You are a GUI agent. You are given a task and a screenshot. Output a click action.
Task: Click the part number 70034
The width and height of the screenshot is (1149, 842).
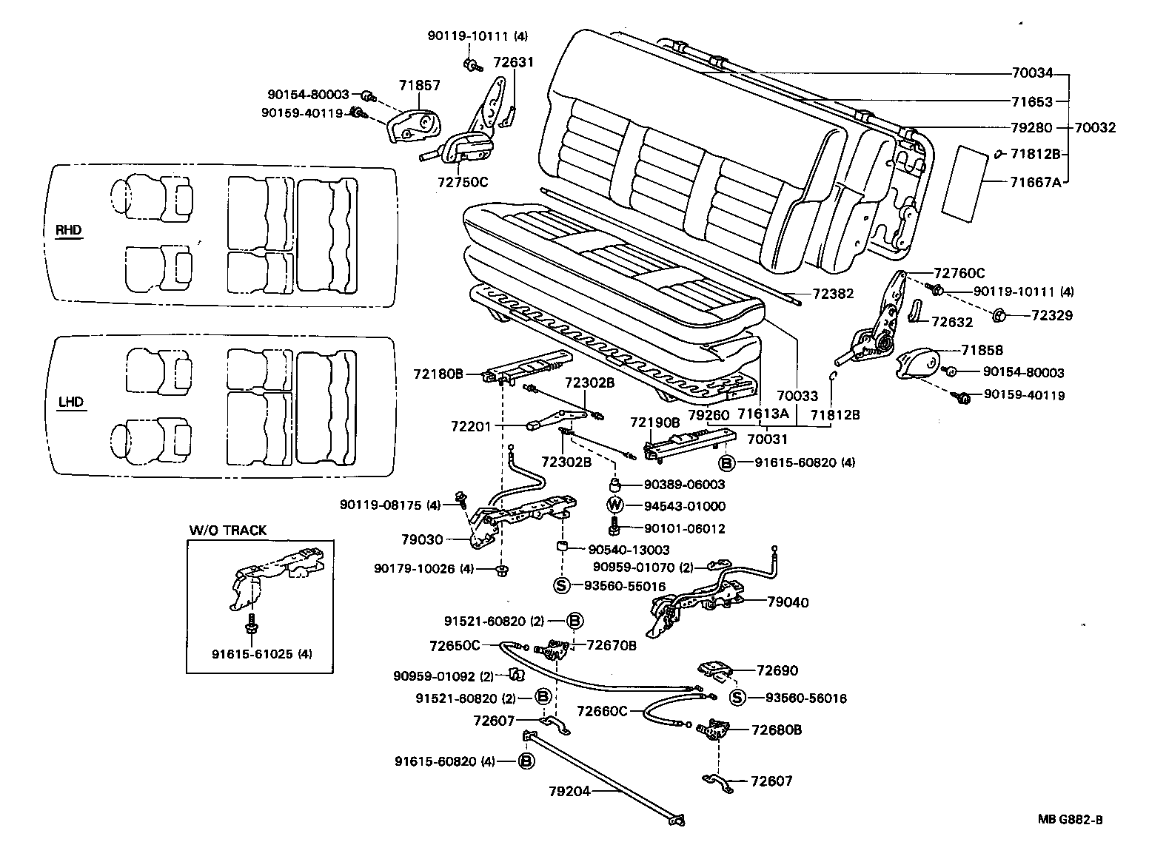coord(1032,74)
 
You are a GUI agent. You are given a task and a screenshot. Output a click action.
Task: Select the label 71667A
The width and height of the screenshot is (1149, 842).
coord(1035,181)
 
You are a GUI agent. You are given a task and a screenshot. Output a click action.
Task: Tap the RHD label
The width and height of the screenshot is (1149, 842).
coord(70,230)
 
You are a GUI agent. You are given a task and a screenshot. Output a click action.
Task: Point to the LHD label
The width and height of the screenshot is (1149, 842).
coord(70,403)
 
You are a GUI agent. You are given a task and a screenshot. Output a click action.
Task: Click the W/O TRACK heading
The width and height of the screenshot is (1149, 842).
coord(227,530)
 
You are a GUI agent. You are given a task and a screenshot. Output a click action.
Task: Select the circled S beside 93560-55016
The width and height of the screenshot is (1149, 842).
coord(561,586)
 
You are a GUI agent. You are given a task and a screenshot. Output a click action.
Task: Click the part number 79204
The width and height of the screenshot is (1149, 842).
coord(569,790)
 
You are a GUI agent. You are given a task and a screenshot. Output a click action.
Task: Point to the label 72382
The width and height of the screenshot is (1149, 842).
coord(833,294)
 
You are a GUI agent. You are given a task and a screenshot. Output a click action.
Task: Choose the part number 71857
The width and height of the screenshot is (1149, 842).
coord(420,86)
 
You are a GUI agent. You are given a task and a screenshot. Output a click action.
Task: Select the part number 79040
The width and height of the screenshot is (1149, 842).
coord(788,602)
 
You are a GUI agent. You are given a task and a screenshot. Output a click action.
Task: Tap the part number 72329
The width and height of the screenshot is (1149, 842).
coord(1052,316)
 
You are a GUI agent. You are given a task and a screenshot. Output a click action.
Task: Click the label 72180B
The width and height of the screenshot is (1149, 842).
coord(438,374)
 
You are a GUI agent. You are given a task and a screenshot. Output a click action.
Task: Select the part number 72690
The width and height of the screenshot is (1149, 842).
coord(777,670)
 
